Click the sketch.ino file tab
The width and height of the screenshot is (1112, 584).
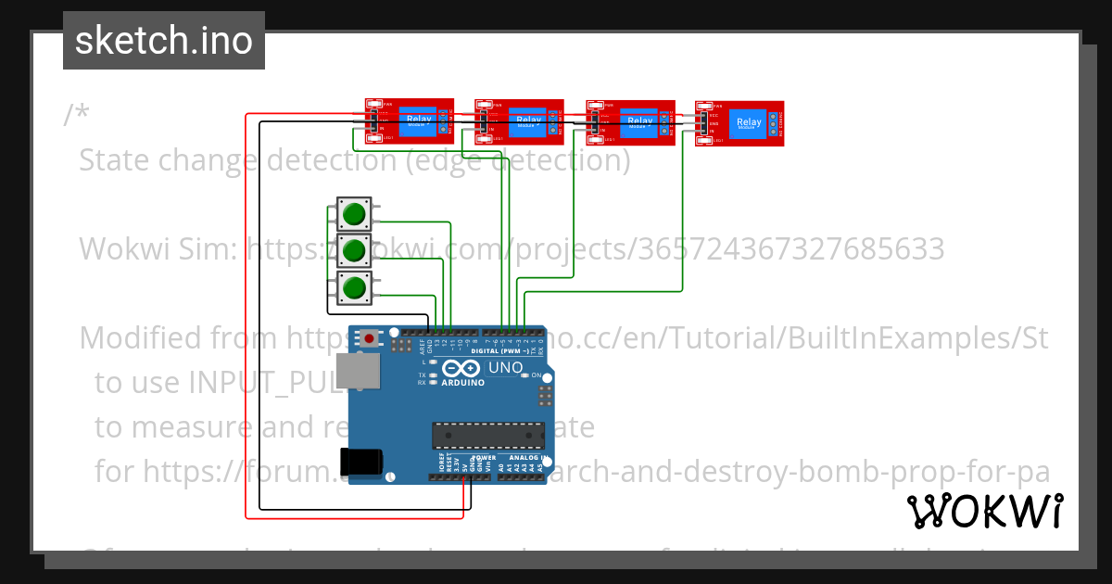[163, 41]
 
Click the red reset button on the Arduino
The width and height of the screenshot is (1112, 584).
[370, 339]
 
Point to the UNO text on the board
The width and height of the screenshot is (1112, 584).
[505, 368]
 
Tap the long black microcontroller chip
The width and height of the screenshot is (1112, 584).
[488, 434]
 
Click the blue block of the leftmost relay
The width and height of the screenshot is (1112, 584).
[417, 121]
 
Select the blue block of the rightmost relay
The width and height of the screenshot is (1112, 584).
[748, 123]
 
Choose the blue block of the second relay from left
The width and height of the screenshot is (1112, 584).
[528, 121]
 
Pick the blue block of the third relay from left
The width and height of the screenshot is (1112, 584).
[639, 121]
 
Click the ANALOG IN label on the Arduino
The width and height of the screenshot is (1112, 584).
[526, 458]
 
